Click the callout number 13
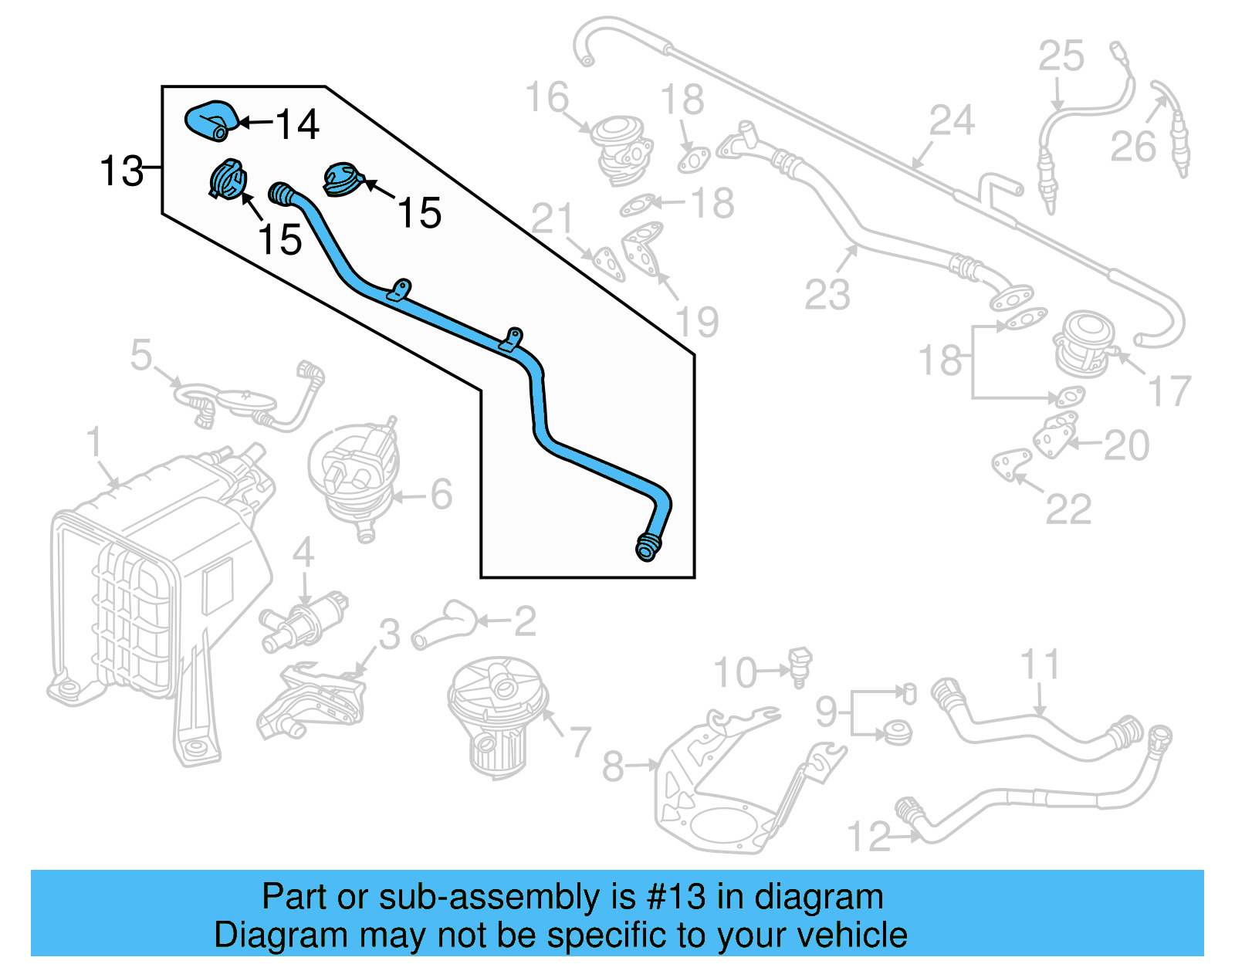(121, 171)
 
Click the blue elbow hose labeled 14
(209, 120)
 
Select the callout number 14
(296, 124)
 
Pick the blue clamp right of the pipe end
(342, 179)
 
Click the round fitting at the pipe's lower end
(647, 547)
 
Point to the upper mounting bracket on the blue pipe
(400, 291)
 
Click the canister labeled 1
(154, 587)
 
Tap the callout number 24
(952, 121)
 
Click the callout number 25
(1061, 56)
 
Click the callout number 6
(441, 494)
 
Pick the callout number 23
(827, 294)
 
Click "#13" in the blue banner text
(675, 897)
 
